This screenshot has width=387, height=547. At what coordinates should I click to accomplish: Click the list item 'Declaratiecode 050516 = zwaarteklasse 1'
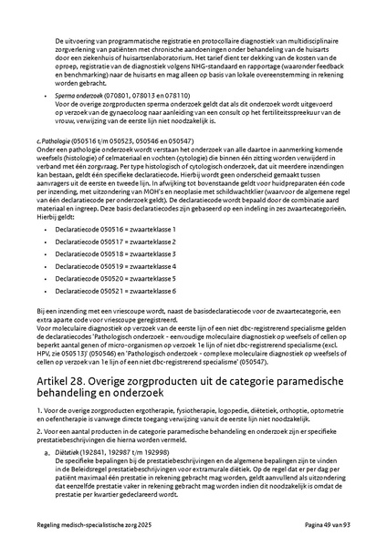pos(116,229)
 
